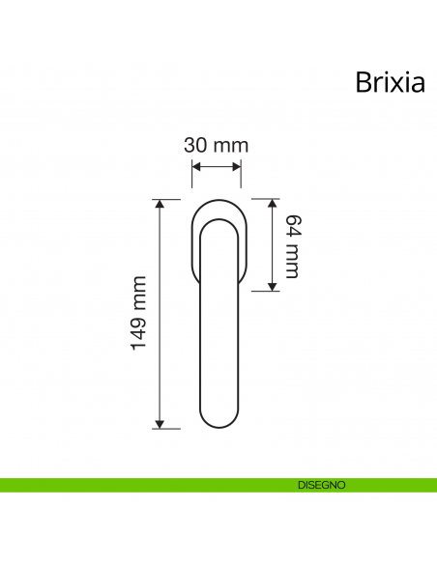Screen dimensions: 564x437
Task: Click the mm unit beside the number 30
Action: click(230, 146)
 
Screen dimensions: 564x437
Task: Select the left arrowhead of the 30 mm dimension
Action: click(195, 166)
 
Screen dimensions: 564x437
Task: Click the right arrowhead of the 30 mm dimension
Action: click(237, 166)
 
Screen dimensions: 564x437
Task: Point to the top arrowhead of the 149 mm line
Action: click(161, 204)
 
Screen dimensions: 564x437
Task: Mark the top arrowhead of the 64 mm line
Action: click(274, 204)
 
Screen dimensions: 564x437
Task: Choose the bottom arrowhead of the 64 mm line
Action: click(274, 286)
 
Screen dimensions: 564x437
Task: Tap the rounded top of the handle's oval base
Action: click(217, 201)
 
